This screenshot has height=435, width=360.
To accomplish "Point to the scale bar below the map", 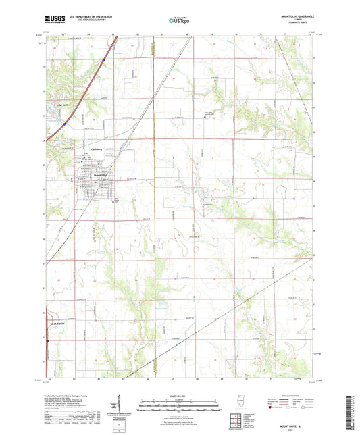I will click(180, 407).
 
